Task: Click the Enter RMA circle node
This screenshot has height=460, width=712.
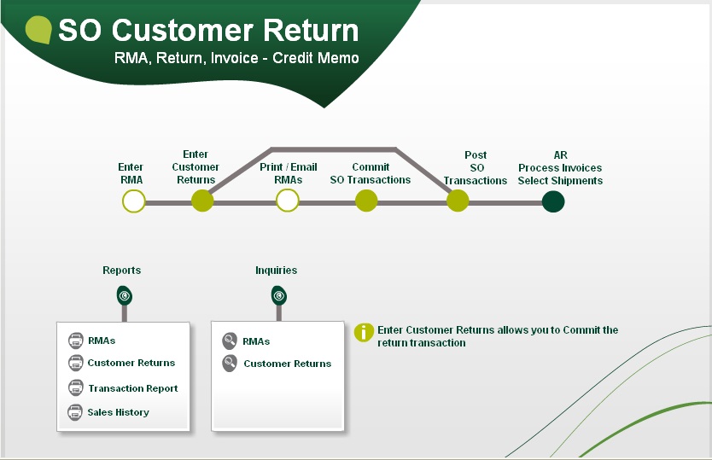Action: click(x=134, y=201)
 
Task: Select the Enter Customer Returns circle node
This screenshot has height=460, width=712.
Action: click(x=202, y=201)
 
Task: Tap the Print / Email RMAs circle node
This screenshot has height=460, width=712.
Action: click(x=288, y=201)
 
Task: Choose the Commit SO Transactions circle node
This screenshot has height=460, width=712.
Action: click(x=366, y=201)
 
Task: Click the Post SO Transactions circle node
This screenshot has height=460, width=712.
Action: click(x=458, y=201)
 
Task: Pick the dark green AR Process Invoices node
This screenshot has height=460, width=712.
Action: click(x=553, y=201)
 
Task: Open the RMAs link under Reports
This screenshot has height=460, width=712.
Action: click(x=102, y=341)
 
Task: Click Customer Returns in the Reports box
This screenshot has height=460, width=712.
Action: click(x=131, y=363)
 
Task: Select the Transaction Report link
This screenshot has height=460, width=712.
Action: click(x=132, y=388)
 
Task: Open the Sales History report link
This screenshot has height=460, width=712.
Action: click(x=118, y=412)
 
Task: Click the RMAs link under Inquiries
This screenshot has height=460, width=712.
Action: click(x=256, y=341)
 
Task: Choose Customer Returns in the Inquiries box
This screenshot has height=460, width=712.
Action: click(x=287, y=364)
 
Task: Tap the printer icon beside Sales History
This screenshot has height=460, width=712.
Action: click(x=75, y=412)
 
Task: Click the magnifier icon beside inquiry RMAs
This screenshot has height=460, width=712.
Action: click(x=230, y=341)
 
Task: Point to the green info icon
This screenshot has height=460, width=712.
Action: click(x=365, y=333)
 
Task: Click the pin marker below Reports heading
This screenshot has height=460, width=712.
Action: click(x=125, y=295)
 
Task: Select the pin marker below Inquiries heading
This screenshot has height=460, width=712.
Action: click(x=279, y=295)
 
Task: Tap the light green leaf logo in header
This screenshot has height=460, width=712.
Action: click(x=39, y=29)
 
